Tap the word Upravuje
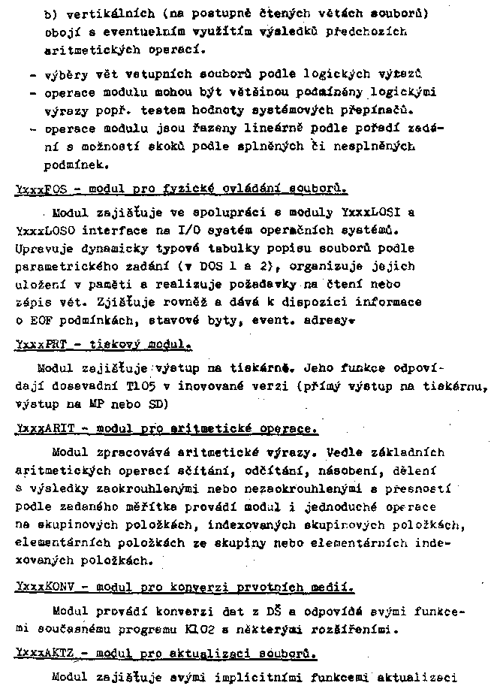tap(42, 247)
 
